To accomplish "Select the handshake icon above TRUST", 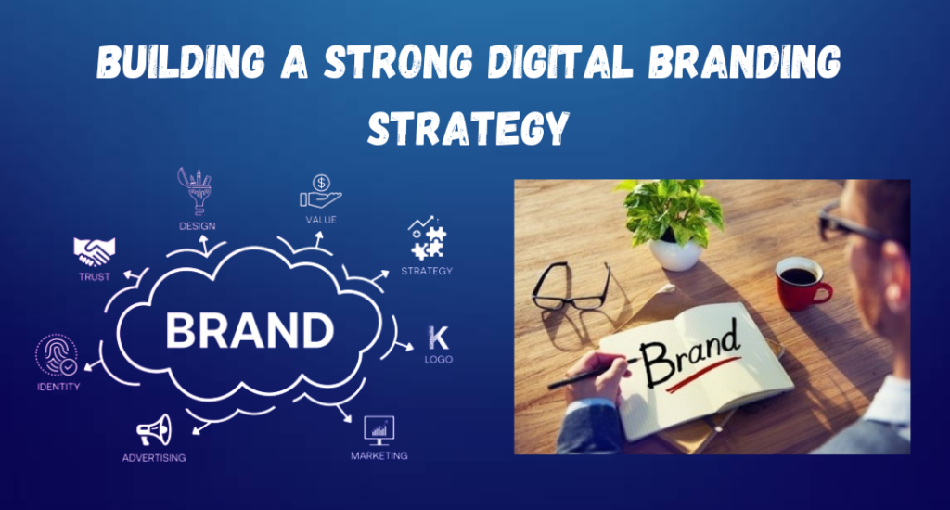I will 94,251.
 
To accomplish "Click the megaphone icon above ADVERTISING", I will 154,429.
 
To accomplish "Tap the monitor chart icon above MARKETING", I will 379,429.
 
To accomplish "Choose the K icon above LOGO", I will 437,338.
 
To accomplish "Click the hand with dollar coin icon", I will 320,192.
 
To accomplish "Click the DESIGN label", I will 198,225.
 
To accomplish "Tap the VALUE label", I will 321,220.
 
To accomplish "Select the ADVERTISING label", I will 154,457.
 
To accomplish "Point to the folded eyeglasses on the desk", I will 570,287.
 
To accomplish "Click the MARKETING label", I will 379,455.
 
